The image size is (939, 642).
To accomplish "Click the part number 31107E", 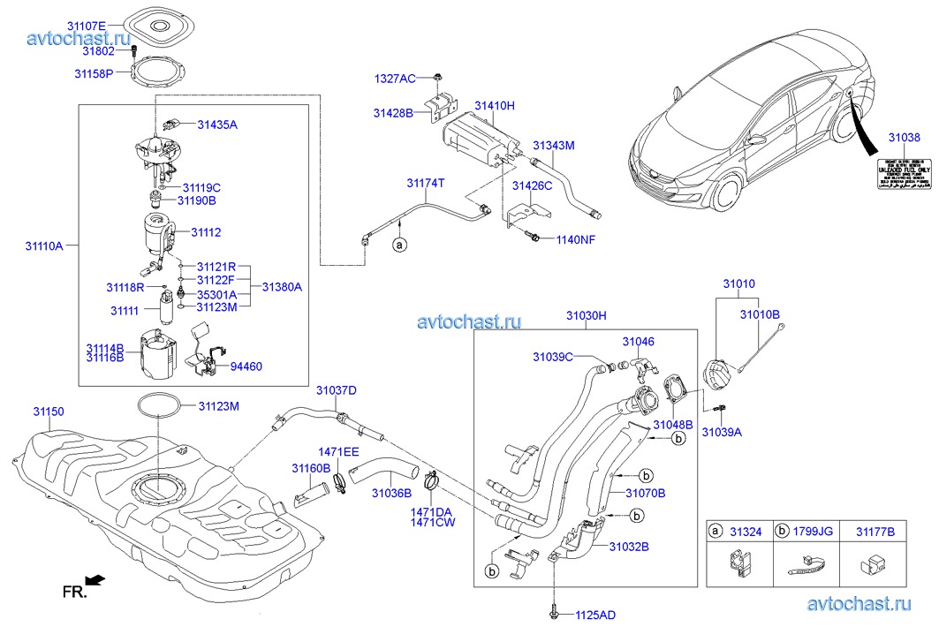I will tap(87, 26).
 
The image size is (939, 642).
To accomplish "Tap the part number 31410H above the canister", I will tap(494, 106).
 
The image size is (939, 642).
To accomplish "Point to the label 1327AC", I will tap(394, 79).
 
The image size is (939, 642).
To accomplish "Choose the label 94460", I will tap(246, 366).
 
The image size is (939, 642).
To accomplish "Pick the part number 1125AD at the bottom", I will tap(596, 614).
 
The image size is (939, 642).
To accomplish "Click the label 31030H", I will tap(587, 314).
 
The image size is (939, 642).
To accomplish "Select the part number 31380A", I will tap(282, 287).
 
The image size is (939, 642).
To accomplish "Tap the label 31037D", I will tap(337, 390).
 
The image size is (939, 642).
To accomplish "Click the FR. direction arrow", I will tap(97, 580).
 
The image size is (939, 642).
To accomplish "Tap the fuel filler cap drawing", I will tap(715, 373).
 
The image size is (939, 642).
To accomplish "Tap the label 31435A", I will tap(217, 125).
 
